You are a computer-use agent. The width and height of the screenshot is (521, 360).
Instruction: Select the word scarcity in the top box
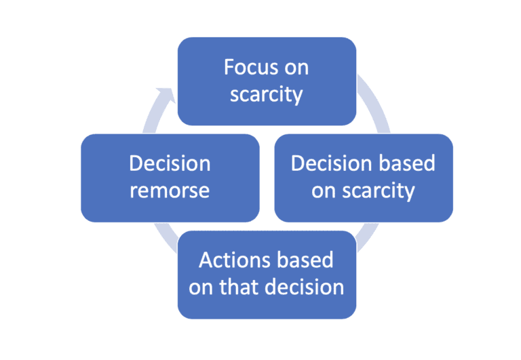pos(267,94)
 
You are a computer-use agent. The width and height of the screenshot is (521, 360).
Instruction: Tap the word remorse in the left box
pos(170,191)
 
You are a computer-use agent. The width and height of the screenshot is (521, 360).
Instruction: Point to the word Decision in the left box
pos(170,164)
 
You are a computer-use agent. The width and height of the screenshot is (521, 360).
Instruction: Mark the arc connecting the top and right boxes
pos(374,102)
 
